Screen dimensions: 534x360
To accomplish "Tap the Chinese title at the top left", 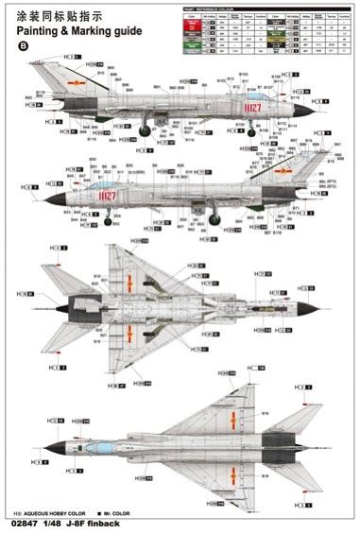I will [x=58, y=13].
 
